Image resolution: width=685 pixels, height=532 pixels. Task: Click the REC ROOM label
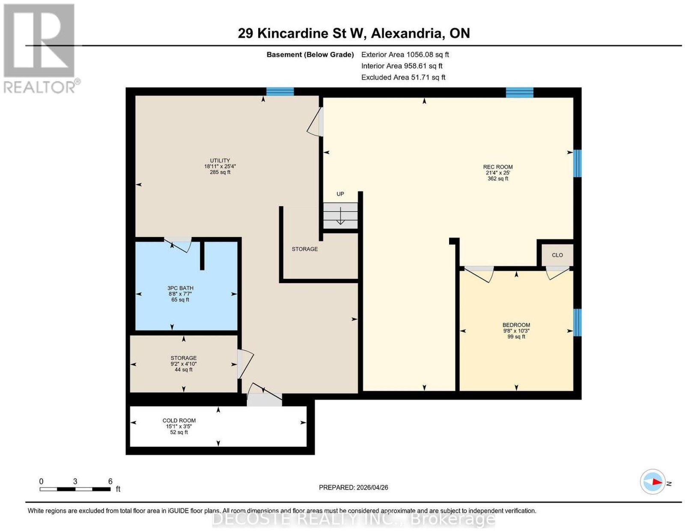pos(497,167)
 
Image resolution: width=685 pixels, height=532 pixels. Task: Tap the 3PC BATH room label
pos(180,288)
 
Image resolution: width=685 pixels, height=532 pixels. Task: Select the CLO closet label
pos(557,255)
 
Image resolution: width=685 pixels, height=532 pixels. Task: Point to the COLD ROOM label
pos(179,420)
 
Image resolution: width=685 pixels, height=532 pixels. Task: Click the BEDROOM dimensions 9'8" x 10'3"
pos(516,331)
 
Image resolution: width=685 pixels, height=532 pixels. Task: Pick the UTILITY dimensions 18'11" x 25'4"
pos(220,166)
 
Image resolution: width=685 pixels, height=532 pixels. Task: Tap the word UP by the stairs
pos(340,194)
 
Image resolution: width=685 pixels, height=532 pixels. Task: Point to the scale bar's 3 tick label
pos(75,481)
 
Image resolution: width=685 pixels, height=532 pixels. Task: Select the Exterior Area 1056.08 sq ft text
pos(405,54)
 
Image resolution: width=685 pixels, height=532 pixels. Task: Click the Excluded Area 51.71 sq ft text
pos(403,77)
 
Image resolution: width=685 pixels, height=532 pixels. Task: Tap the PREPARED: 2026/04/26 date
pos(353,487)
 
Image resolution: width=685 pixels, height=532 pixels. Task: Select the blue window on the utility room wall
pos(280,92)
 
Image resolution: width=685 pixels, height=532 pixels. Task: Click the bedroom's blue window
pos(577,323)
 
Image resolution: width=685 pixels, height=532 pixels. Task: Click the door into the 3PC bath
pos(178,244)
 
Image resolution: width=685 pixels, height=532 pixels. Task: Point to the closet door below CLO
pos(557,273)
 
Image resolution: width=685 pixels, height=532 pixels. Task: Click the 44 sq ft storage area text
pos(184,369)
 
